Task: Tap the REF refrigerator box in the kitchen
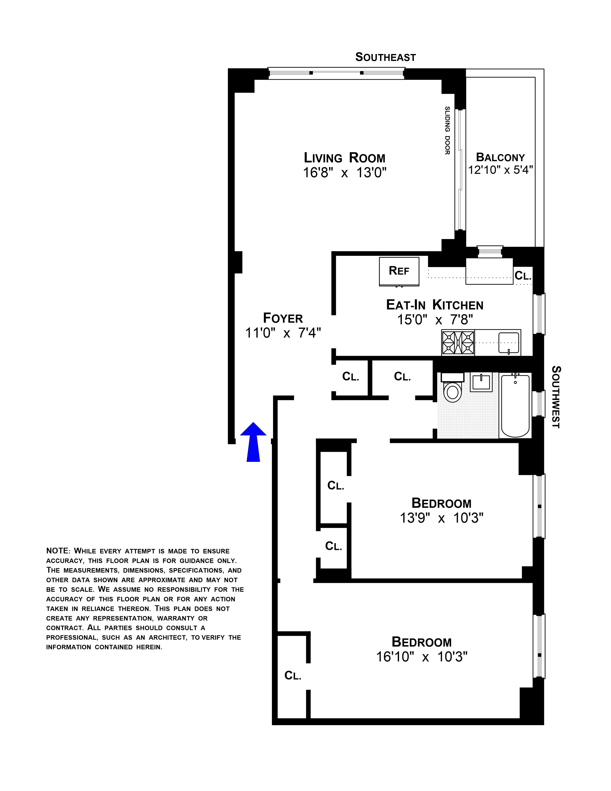point(399,271)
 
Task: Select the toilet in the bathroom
point(453,390)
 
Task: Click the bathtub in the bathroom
point(515,406)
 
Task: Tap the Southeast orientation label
point(386,57)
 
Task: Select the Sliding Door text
point(447,130)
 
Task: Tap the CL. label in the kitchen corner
point(523,276)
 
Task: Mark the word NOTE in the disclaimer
point(58,551)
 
